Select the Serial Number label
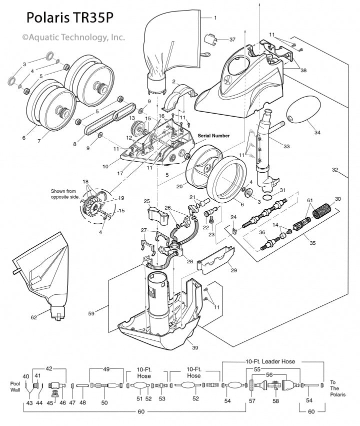pos(214,136)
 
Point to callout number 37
pos(232,39)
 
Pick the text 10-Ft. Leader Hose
pos(269,361)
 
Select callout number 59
pos(91,314)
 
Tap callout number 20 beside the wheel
pos(178,186)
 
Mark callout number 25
pos(147,201)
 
